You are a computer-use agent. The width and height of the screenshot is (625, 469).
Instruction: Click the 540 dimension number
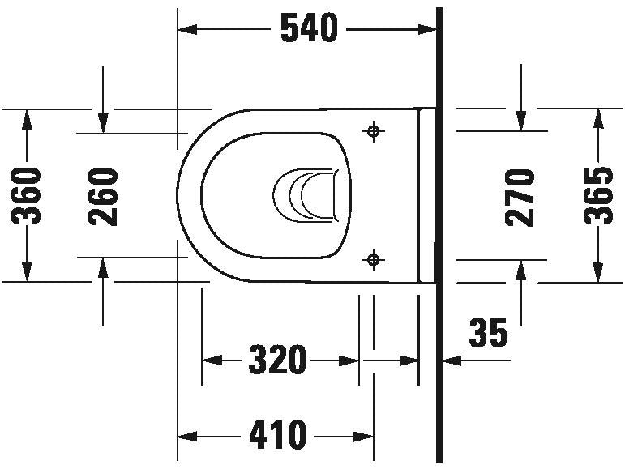310,28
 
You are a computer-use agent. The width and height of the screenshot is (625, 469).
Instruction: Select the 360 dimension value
26,196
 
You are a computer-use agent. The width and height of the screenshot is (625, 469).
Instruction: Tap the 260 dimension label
103,197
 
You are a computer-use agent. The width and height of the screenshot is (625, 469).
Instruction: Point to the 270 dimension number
520,198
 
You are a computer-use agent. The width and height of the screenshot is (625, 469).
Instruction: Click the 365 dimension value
598,195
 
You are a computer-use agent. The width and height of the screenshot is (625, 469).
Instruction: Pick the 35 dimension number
488,332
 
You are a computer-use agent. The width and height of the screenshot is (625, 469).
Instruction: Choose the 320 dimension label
277,360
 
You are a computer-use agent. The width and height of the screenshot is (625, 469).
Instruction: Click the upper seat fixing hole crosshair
374,130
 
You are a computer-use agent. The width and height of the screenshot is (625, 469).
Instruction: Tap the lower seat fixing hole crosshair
374,260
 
